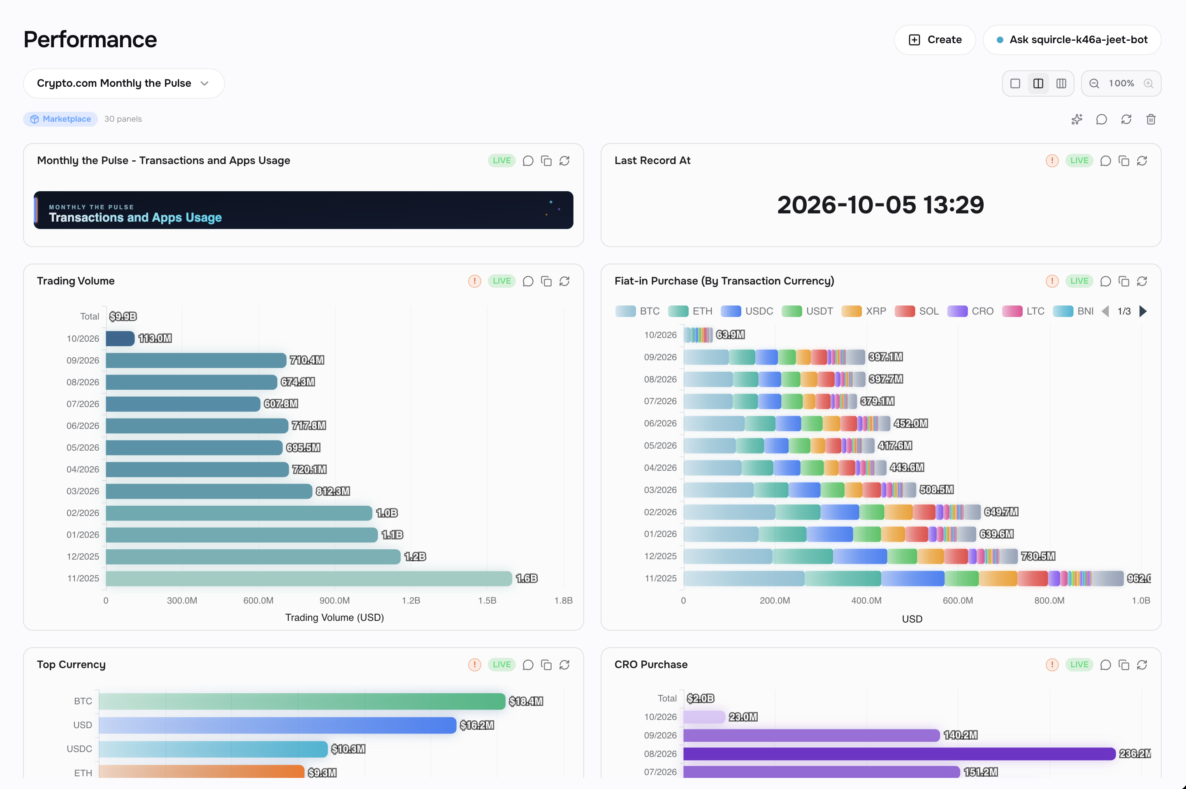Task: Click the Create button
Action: (x=934, y=40)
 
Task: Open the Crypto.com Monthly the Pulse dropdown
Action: (x=123, y=83)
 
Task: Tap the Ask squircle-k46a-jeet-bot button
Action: (x=1072, y=40)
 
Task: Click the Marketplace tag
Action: (x=60, y=119)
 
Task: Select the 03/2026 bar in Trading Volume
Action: (x=209, y=491)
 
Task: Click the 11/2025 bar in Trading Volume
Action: (x=309, y=578)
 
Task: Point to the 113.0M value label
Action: (x=155, y=338)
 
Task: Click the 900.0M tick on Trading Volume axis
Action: (x=334, y=600)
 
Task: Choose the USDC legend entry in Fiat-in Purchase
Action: (x=747, y=311)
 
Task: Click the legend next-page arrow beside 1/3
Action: (x=1143, y=311)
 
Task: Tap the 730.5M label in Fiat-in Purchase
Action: (x=1038, y=556)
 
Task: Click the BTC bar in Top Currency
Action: (x=302, y=701)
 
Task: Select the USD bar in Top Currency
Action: (x=277, y=725)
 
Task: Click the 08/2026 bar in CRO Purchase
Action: (x=899, y=754)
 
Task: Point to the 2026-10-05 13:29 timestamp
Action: (x=880, y=204)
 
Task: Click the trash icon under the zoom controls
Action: (x=1151, y=119)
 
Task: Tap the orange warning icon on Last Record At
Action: (x=1052, y=160)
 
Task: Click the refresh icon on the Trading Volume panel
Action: (x=564, y=281)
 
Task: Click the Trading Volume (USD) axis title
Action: (x=334, y=618)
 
